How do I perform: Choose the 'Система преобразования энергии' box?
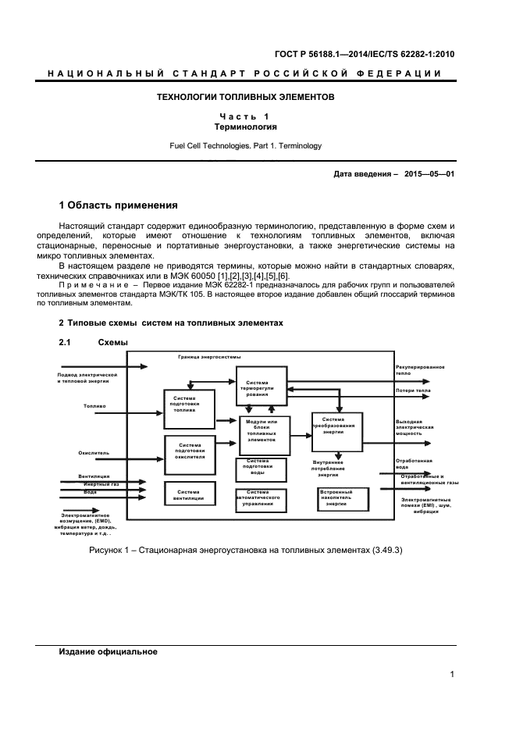(337, 428)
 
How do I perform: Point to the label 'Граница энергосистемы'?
(208, 358)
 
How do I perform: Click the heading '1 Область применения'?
(119, 205)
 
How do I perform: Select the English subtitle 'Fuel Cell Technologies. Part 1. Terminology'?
(246, 145)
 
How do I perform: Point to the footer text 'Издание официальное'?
(109, 652)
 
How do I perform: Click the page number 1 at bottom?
(452, 675)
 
